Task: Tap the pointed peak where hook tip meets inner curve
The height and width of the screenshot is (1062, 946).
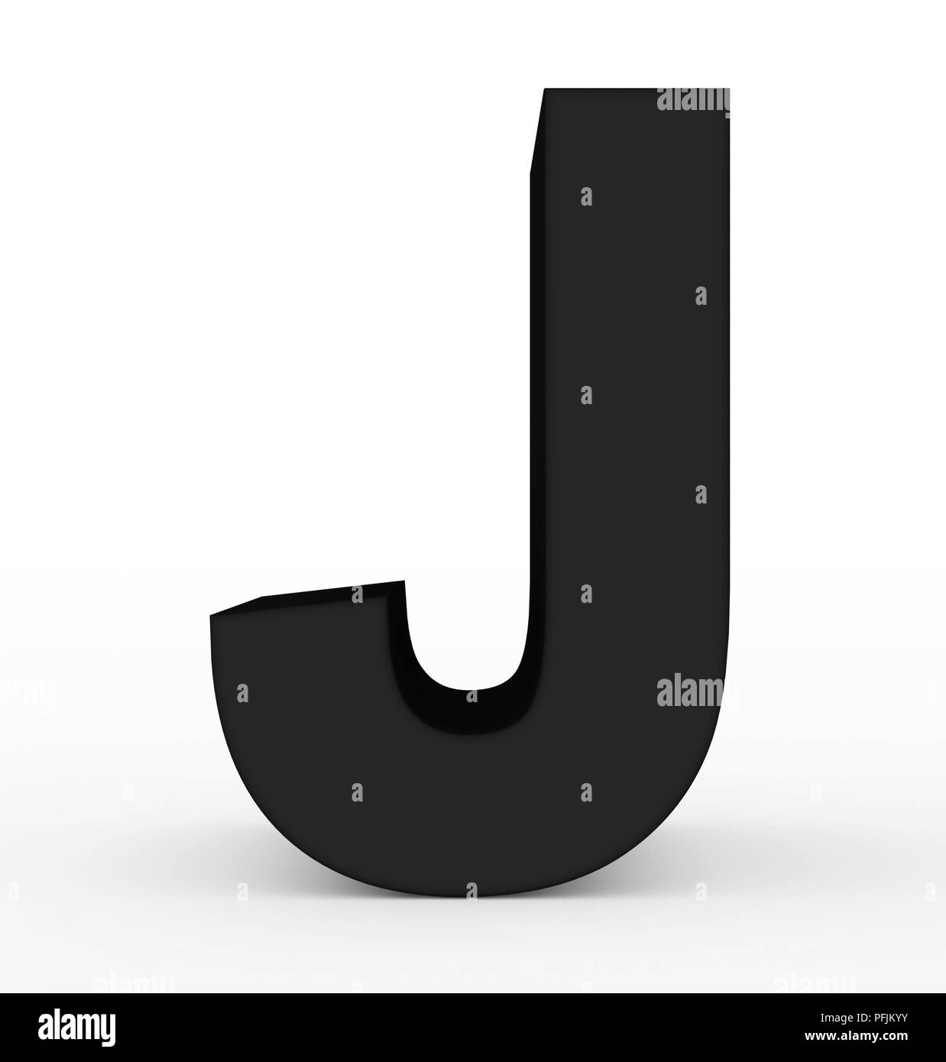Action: pos(403,581)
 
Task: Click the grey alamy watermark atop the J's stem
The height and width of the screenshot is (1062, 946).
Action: pos(692,99)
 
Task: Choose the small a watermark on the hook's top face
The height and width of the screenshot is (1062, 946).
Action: pos(357,594)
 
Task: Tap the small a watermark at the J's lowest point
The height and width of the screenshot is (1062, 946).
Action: pos(471,890)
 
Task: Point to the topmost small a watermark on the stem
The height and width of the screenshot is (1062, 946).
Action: pos(586,196)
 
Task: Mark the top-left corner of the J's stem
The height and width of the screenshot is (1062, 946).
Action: pos(544,89)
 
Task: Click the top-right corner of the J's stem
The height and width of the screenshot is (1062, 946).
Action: pos(728,89)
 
